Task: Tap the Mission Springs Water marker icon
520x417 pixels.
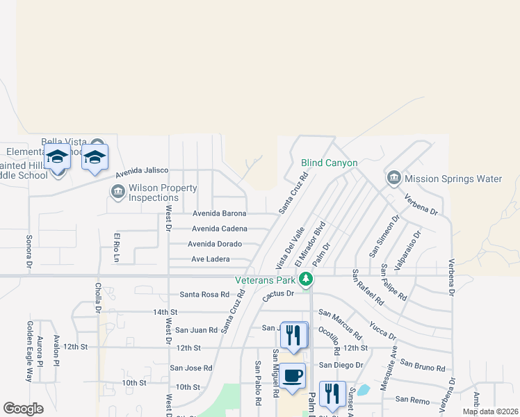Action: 393,179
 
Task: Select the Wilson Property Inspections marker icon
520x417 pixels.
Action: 117,191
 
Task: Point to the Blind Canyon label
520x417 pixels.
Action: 329,163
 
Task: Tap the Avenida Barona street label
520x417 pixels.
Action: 219,213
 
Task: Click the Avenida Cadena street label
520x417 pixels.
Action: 219,229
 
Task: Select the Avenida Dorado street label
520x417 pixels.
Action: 215,244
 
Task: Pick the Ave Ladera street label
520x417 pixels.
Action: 210,259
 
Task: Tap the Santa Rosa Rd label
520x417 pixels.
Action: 204,295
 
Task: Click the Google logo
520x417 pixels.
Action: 23,409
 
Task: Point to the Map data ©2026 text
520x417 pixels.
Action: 489,411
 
